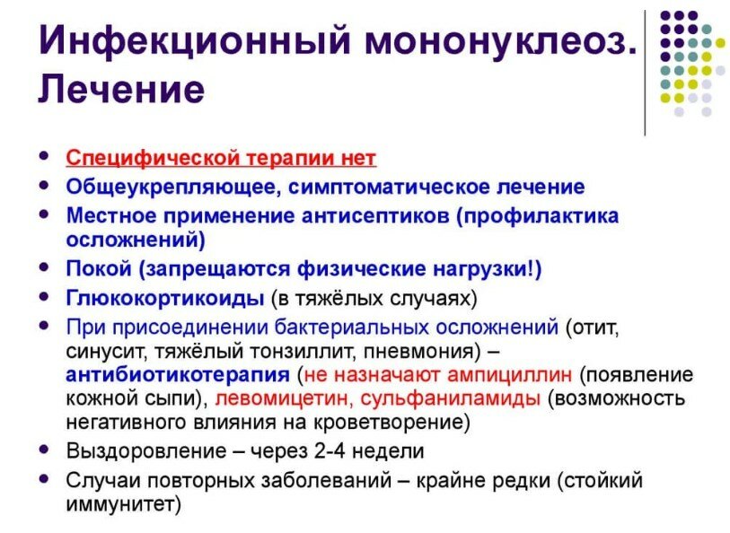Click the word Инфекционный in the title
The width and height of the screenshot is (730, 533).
coord(195,41)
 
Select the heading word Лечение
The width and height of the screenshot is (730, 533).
coord(121,89)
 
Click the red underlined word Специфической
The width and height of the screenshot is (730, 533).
coord(153,158)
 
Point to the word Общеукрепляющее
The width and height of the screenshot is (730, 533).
coord(172,188)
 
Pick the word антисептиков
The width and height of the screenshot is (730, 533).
coord(375,216)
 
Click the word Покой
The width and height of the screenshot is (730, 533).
coord(99,269)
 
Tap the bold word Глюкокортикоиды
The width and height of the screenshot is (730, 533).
coord(165,299)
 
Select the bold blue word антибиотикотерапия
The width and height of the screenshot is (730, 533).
coord(178,375)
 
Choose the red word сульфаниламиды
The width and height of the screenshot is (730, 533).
coord(451,398)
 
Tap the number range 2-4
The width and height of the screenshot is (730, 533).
coord(330,451)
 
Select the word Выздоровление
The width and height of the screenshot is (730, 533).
coord(146,451)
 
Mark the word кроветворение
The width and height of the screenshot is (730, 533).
coord(389,423)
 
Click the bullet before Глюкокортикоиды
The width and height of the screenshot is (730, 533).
coord(44,297)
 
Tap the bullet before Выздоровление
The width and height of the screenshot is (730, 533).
coord(44,450)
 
